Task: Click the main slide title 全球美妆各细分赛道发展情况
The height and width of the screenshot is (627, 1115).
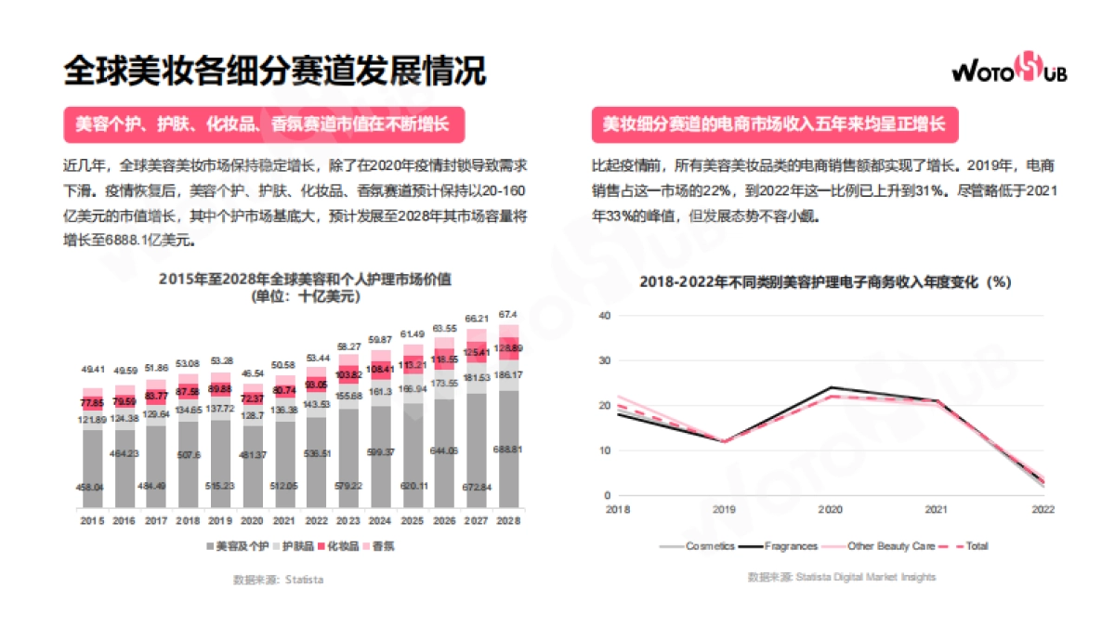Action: point(275,70)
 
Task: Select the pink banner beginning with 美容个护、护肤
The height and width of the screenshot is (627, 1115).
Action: point(263,124)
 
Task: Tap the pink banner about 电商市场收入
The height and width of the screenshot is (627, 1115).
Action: point(773,124)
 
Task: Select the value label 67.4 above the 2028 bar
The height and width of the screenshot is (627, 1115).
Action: point(508,314)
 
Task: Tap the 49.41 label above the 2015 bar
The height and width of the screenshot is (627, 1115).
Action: point(93,369)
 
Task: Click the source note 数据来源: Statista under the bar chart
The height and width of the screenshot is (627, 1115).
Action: point(278,580)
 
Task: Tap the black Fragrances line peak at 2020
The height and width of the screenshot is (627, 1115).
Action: point(829,387)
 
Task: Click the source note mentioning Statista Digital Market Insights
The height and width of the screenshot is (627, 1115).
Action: point(842,577)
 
